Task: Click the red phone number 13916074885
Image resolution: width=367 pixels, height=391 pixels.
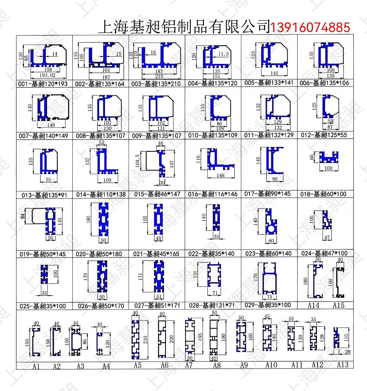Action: (310, 27)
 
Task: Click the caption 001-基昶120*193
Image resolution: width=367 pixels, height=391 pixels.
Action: (43, 84)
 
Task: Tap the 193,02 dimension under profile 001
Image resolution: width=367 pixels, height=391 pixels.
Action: (48, 75)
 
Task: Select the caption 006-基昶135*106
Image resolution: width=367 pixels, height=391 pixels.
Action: (324, 83)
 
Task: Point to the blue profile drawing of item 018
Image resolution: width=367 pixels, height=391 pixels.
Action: (329, 157)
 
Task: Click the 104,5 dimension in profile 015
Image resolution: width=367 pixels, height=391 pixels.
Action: (137, 160)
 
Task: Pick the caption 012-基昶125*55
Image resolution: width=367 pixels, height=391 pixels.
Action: (324, 135)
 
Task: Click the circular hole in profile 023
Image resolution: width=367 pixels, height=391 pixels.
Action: (271, 229)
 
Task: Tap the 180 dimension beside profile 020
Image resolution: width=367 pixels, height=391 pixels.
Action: (88, 219)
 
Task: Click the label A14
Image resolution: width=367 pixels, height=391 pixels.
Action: (313, 305)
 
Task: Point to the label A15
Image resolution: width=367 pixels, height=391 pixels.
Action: (339, 305)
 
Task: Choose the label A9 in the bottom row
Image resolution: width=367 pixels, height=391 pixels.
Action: (244, 365)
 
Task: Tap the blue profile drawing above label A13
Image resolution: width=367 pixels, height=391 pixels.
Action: (336, 337)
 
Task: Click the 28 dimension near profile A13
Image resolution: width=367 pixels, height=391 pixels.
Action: (347, 352)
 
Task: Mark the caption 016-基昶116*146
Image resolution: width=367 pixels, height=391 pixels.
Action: (213, 194)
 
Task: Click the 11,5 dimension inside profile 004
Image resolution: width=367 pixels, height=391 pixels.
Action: (223, 54)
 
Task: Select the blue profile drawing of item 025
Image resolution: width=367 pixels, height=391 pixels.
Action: (44, 274)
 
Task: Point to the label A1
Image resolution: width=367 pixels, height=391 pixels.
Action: (36, 366)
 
